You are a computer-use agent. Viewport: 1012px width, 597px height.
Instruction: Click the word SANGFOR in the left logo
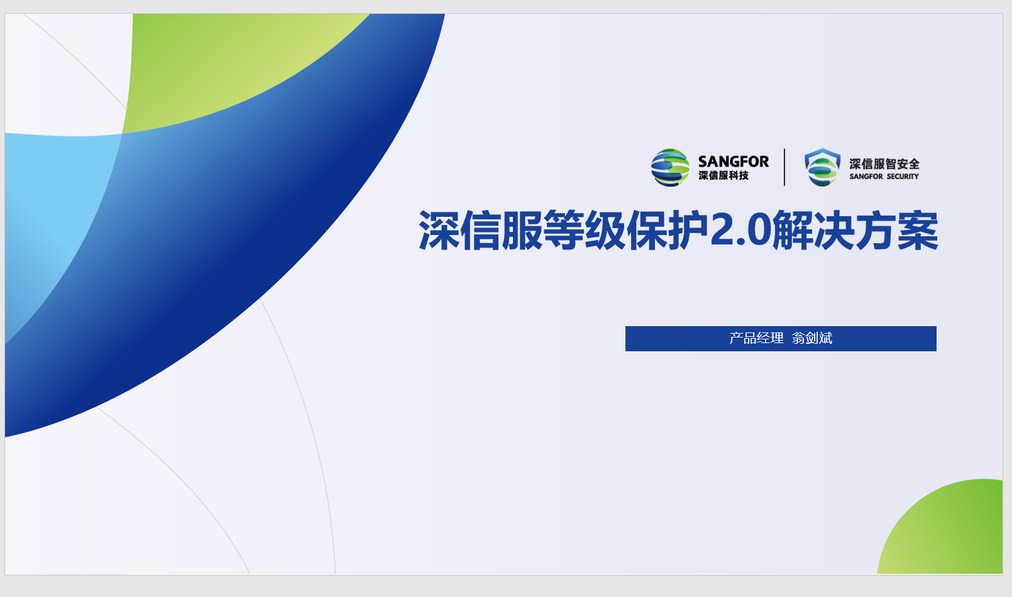(734, 162)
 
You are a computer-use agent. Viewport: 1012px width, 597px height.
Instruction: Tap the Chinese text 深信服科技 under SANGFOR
(723, 175)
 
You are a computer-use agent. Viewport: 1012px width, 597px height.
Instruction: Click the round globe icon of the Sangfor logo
(670, 168)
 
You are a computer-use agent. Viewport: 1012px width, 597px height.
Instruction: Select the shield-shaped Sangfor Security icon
(822, 167)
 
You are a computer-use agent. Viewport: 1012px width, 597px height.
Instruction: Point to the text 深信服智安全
(884, 163)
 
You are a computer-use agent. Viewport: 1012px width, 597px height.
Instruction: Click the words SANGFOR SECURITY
(884, 176)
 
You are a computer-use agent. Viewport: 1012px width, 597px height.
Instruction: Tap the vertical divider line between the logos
(784, 167)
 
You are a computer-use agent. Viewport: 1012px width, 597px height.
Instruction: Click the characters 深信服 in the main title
(481, 230)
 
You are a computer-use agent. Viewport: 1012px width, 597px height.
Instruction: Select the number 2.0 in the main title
(740, 230)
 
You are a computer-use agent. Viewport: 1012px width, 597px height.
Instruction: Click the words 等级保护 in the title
(626, 230)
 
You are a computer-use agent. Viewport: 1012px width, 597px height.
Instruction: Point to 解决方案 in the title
(855, 230)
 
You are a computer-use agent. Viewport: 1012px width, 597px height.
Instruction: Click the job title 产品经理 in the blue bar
(756, 338)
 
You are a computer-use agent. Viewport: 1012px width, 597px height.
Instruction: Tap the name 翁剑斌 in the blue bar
(812, 338)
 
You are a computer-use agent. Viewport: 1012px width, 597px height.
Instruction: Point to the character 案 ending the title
(918, 230)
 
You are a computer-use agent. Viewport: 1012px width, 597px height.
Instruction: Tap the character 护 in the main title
(688, 230)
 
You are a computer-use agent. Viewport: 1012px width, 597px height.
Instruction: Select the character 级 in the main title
(605, 230)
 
